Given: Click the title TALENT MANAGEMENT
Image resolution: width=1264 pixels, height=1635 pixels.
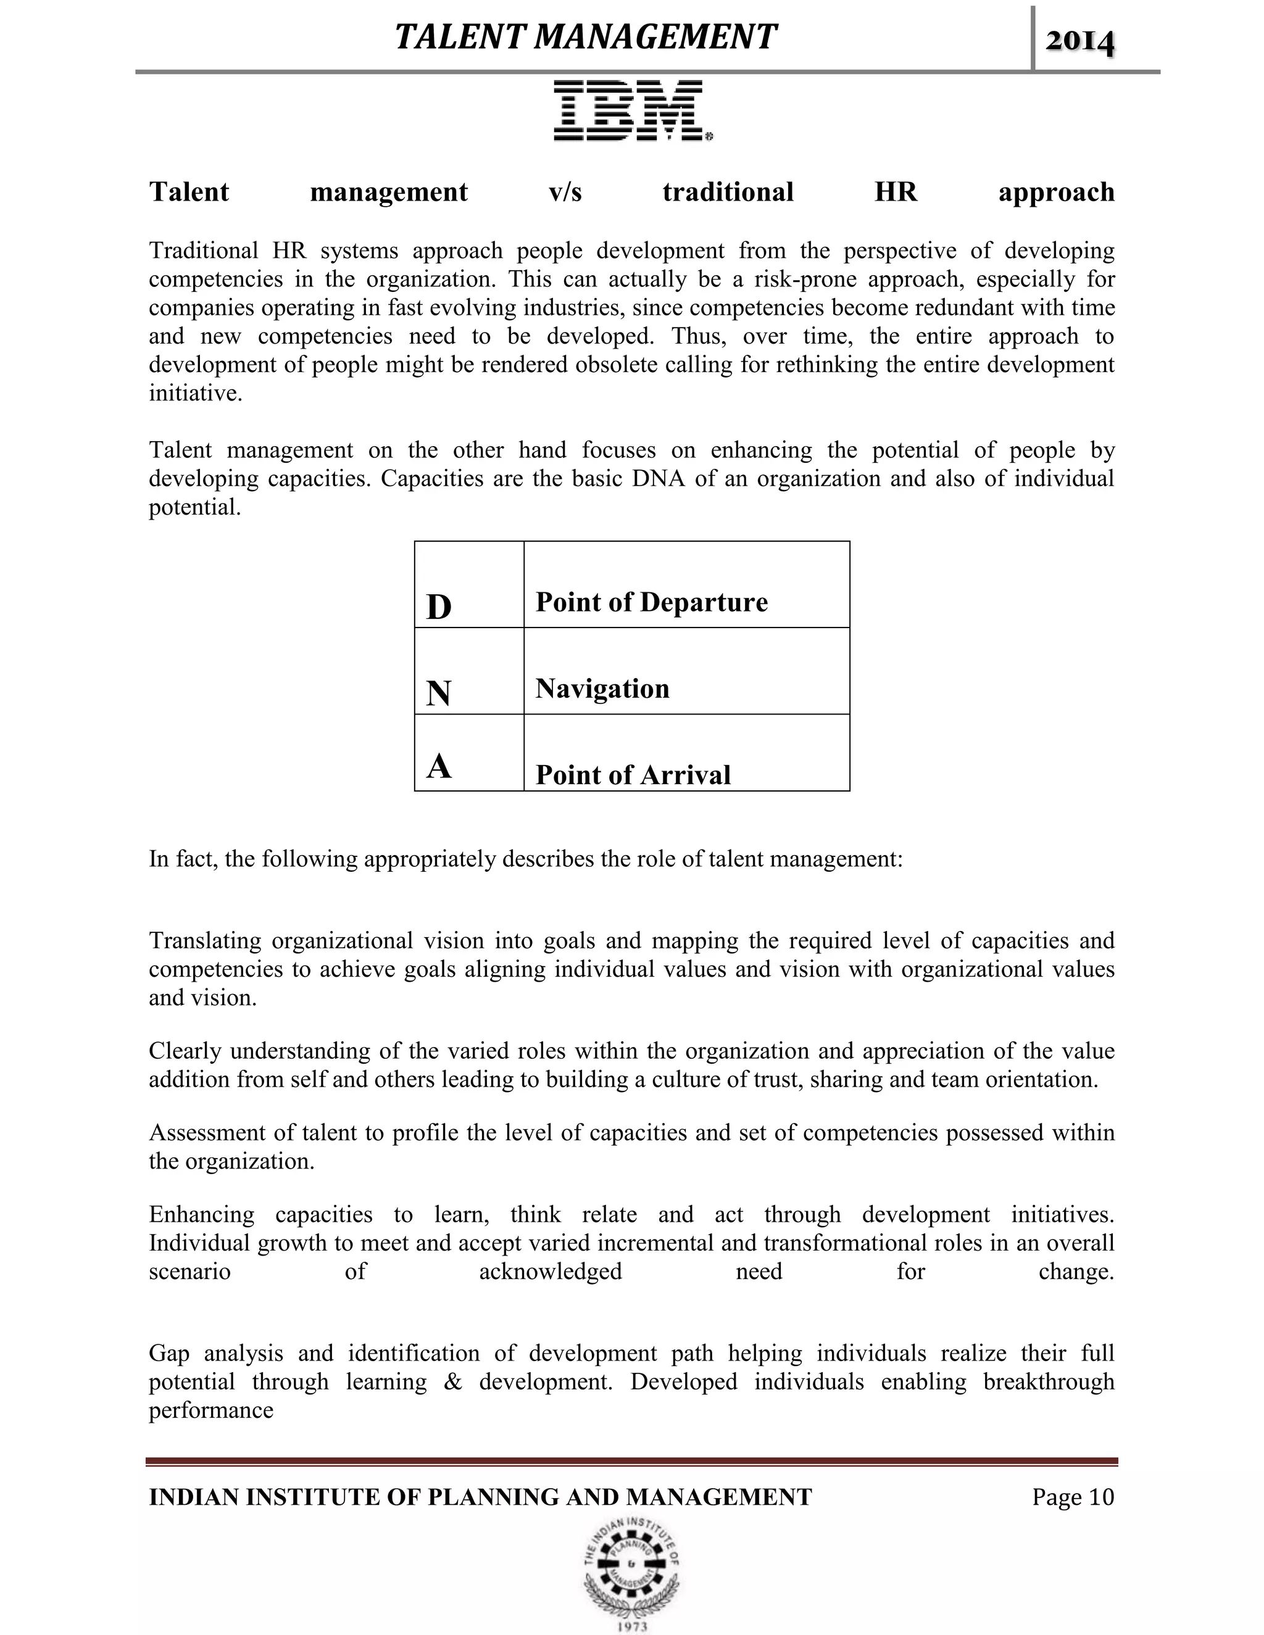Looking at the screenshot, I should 586,36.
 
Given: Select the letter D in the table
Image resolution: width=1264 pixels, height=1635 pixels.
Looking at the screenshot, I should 439,606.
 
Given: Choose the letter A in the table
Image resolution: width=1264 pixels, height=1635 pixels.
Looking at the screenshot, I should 439,766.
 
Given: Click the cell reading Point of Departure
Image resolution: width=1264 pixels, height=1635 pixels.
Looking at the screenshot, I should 652,602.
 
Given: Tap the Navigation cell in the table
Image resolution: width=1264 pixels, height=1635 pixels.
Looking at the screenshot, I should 602,689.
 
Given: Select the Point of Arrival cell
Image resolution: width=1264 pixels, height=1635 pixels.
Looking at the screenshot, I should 633,775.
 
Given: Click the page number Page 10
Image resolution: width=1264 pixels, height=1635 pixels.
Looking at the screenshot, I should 1072,1497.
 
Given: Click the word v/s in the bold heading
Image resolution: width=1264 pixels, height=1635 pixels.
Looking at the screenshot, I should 565,192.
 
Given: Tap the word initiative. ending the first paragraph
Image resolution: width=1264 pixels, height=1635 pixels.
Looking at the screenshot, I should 196,394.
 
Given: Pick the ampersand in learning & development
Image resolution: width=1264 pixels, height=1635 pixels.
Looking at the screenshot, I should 452,1381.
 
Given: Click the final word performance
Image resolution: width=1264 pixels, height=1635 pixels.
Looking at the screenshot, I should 211,1410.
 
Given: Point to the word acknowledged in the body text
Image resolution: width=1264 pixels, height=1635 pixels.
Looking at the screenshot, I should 551,1271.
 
